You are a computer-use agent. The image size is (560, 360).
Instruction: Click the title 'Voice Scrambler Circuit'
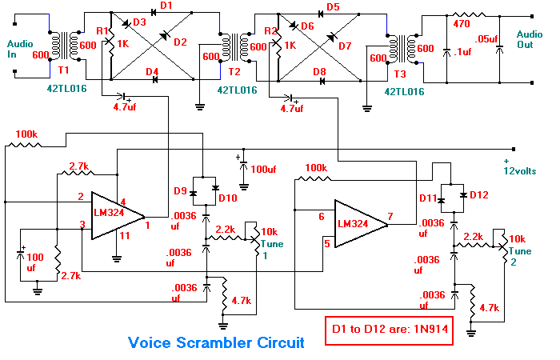coord(216,343)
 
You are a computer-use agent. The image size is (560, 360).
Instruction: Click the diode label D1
coord(166,7)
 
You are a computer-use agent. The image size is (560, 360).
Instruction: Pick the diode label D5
coord(334,7)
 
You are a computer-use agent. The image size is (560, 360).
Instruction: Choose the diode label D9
coord(182,191)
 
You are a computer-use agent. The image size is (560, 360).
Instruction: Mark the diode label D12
coord(478,194)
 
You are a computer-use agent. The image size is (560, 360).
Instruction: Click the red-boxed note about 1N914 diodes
coord(389,330)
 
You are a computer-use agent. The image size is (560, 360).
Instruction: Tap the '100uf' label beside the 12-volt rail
coord(262,170)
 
